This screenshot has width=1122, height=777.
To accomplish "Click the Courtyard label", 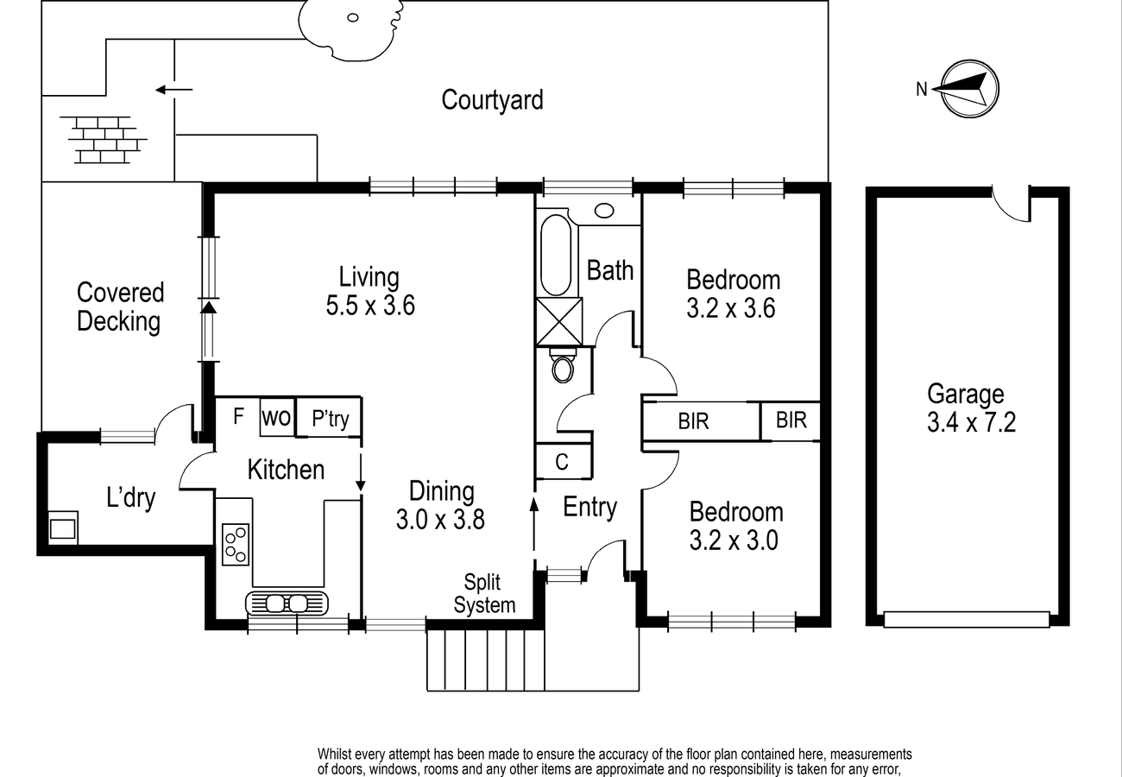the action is pos(492,99).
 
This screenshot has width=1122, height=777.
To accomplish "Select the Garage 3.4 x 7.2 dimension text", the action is pos(971,422).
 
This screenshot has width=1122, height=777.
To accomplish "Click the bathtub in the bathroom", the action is pos(556,256).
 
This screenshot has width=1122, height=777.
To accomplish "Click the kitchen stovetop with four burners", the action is pos(236,545).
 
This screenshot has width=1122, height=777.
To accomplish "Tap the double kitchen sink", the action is pos(287,603).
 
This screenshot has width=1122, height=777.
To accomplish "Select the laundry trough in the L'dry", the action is pos(63,527).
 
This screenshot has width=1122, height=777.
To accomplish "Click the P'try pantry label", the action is pos(330,419).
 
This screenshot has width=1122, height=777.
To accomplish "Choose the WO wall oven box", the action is pos(276,417).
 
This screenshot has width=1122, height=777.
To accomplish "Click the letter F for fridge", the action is pos(238,416).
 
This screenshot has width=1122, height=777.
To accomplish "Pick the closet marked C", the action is pos(564,461).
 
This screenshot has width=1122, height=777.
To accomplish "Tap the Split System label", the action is pos(484,594).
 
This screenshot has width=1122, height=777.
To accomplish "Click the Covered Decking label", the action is pos(120,306).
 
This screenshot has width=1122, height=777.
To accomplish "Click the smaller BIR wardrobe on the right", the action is pos(791,420).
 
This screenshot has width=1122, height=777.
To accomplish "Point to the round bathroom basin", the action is pos(604,211).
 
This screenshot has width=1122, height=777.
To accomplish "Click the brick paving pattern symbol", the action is pos(104,140).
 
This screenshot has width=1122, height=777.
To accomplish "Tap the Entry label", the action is pos(590,507).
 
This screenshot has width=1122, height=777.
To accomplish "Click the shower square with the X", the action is pos(559,321).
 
